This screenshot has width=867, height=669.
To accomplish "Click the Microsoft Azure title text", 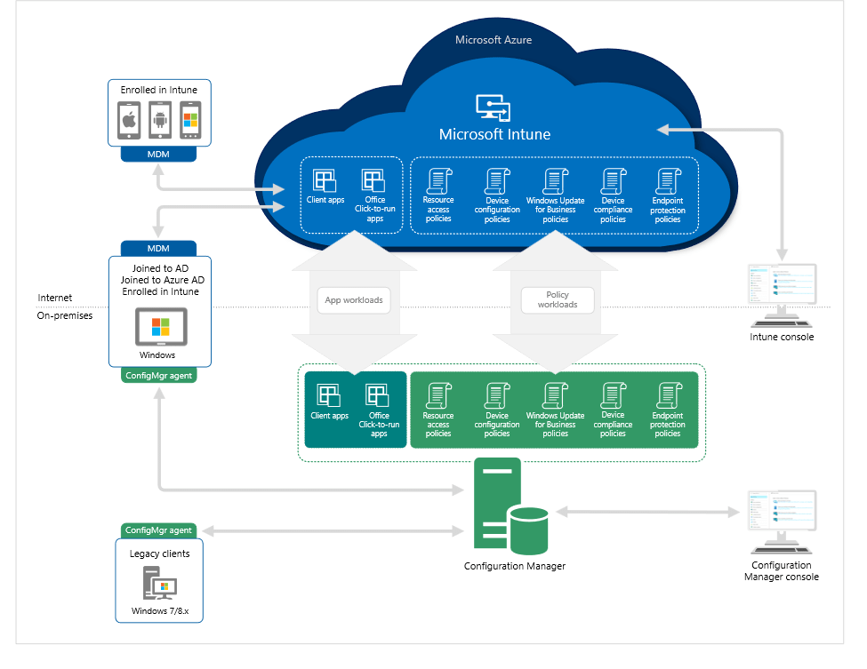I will click(x=494, y=40).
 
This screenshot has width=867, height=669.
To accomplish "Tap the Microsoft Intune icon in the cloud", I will click(x=494, y=107).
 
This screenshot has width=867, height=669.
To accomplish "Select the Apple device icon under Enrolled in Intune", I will click(x=129, y=120).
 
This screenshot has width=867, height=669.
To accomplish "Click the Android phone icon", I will click(x=159, y=120).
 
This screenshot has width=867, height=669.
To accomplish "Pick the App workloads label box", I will click(x=353, y=300).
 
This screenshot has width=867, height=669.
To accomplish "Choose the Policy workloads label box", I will click(x=557, y=299).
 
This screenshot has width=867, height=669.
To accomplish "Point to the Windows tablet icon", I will click(x=160, y=327).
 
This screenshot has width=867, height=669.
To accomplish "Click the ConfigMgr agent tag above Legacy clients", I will click(x=158, y=530).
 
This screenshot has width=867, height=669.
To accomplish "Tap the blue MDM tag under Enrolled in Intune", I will click(x=159, y=155).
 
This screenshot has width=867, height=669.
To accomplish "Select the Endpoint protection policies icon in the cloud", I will click(x=667, y=180).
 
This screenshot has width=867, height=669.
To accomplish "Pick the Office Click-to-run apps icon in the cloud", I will click(x=373, y=180).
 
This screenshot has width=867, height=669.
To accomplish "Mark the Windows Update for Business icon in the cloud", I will click(x=555, y=180).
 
